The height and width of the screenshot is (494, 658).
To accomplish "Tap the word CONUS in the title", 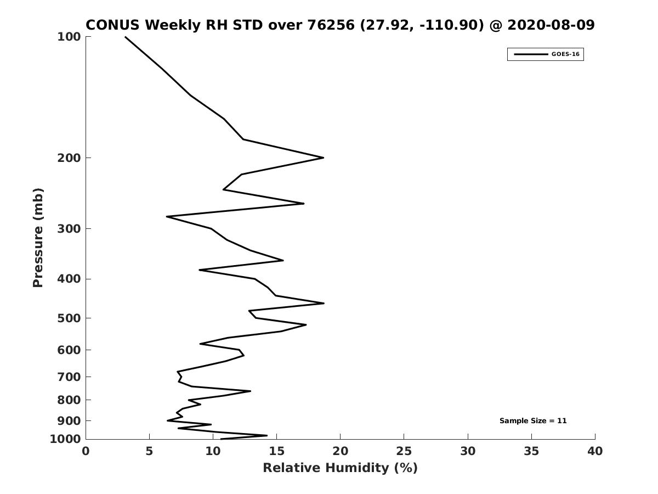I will click(x=112, y=25).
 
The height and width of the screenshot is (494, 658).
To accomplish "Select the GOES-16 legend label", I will click(x=565, y=54).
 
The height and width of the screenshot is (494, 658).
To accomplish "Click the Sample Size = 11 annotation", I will click(x=533, y=421).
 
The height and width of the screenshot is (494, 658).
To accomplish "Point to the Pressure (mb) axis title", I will click(x=38, y=238).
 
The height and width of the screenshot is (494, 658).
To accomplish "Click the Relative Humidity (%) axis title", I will click(x=340, y=468).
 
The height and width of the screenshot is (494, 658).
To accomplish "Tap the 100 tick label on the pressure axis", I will click(x=69, y=37).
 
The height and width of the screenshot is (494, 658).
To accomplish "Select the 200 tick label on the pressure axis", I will click(x=69, y=158).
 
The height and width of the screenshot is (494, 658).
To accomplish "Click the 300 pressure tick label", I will click(x=69, y=229).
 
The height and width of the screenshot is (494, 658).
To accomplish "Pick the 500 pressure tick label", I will click(x=69, y=318).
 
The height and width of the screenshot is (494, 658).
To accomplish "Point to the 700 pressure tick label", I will click(x=69, y=377).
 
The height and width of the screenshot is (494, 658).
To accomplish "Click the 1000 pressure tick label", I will click(x=66, y=440).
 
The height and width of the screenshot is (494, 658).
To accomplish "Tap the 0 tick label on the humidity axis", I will click(x=86, y=452).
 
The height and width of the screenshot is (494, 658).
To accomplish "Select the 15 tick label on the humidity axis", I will click(x=276, y=452).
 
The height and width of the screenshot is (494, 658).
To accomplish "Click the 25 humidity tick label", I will click(x=404, y=452).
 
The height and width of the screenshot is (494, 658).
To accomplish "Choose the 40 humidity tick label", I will click(x=595, y=452).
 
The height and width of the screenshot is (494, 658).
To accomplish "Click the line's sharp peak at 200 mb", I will click(x=323, y=158).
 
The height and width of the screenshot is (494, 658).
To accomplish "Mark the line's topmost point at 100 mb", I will click(x=125, y=37).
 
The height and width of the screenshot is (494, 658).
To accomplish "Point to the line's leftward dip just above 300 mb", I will click(x=167, y=217).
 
